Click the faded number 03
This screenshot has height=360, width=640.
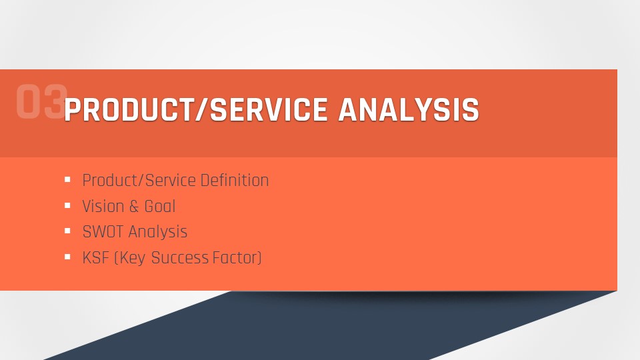41,101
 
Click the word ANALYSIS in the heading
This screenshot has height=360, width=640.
409,110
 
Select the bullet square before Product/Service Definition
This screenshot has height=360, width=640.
68,179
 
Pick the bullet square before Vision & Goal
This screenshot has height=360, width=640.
68,206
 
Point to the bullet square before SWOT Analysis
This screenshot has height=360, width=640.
68,231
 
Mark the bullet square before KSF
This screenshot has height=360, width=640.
68,257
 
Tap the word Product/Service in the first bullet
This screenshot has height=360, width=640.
139,181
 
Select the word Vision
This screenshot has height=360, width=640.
103,206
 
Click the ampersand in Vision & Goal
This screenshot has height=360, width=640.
134,207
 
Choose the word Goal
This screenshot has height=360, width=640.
160,207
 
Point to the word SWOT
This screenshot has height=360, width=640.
103,232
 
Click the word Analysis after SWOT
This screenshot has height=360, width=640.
158,232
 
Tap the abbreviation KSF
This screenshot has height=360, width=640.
96,258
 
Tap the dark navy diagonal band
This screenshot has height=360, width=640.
327,327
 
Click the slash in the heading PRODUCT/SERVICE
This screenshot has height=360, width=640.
201,110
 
